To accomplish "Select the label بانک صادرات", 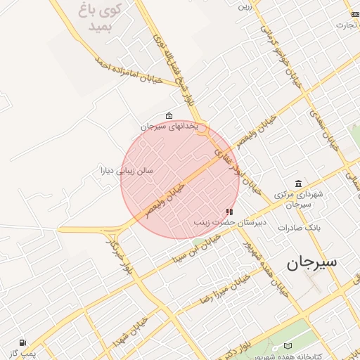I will coord(299,228).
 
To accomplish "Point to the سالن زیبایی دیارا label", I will coord(127,170).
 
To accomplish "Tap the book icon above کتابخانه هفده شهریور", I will coord(288,346).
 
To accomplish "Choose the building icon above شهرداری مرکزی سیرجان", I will coord(299,184).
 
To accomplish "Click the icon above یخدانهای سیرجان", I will coord(169,115).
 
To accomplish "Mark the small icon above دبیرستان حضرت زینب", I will coord(229,212).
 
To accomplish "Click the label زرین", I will coord(244,8).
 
